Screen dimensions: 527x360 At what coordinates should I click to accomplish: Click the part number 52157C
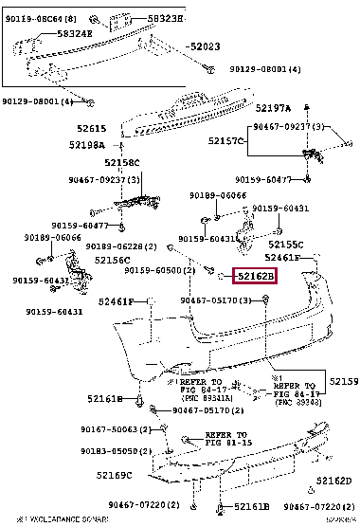point(226,141)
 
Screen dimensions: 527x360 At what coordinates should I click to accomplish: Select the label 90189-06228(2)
point(120,245)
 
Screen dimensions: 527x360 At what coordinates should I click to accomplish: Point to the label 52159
point(342,382)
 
